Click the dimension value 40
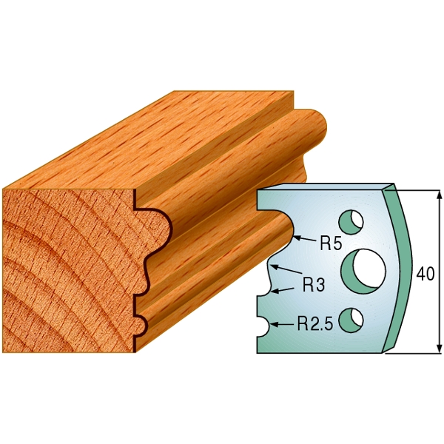pyautogui.click(x=425, y=273)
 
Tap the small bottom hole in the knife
pyautogui.click(x=355, y=317)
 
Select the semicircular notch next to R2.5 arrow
pyautogui.click(x=263, y=323)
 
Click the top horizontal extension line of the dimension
pyautogui.click(x=418, y=189)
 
